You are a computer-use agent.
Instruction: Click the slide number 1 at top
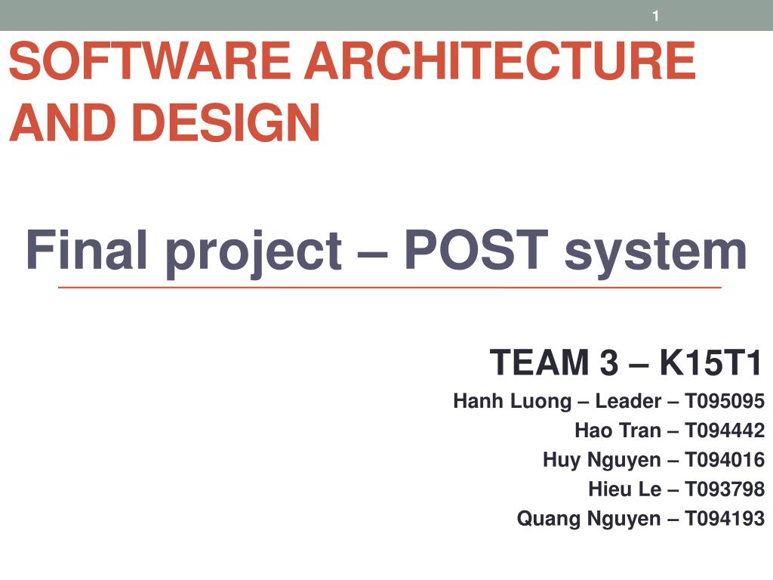[x=655, y=16]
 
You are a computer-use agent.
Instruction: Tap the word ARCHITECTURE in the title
[x=499, y=61]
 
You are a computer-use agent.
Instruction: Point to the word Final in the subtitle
[x=88, y=251]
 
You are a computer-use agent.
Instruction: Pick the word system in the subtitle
[x=655, y=251]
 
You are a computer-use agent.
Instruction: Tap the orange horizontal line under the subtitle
[x=389, y=288]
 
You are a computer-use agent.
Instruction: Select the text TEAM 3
[x=553, y=362]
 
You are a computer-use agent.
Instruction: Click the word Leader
[x=628, y=401]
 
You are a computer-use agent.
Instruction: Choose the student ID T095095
[x=725, y=401]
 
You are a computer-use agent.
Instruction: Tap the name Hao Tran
[x=617, y=430]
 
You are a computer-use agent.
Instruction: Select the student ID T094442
[x=725, y=430]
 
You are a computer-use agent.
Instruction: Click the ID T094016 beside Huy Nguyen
[x=725, y=460]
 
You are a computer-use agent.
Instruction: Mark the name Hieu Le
[x=624, y=489]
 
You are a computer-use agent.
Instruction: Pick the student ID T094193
[x=725, y=519]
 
